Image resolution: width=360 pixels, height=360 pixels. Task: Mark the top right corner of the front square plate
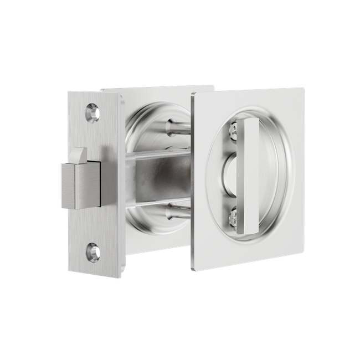304,88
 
